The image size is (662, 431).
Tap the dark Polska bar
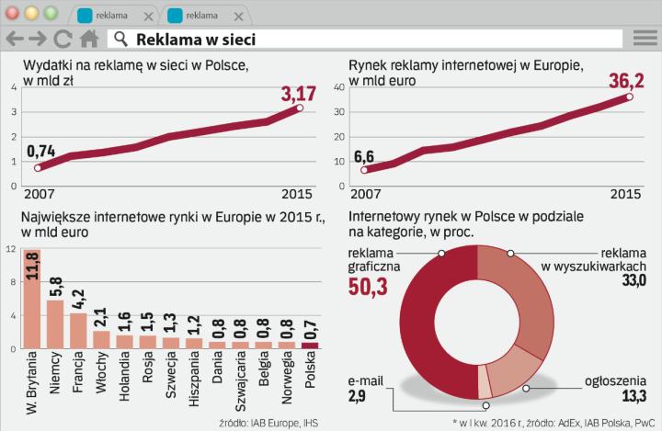coord(310,346)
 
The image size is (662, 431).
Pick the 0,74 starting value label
coord(40,152)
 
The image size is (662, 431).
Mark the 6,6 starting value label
coord(363,155)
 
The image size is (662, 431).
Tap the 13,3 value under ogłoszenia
coord(634,396)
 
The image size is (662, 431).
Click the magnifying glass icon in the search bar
coord(120,39)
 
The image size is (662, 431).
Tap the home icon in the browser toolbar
coord(89,39)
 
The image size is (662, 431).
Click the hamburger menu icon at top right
coord(645,39)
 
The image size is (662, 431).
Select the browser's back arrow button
coord(15,39)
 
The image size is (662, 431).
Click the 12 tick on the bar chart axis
coord(9,249)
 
